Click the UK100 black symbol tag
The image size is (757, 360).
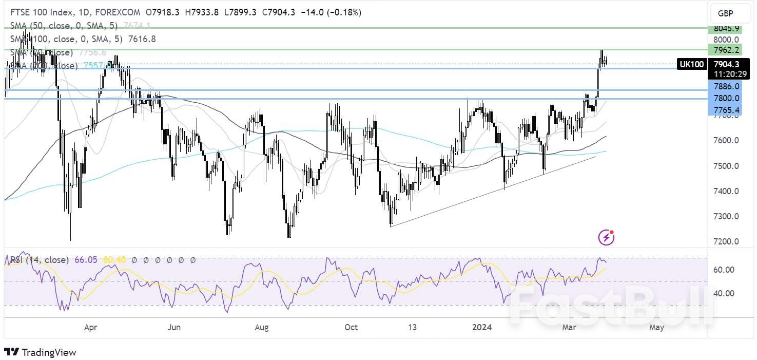(x=691, y=64)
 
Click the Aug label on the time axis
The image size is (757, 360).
(x=262, y=327)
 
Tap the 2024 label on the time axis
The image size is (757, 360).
(x=481, y=327)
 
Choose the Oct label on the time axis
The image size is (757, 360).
(x=351, y=327)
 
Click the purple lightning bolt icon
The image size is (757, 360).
(x=606, y=237)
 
